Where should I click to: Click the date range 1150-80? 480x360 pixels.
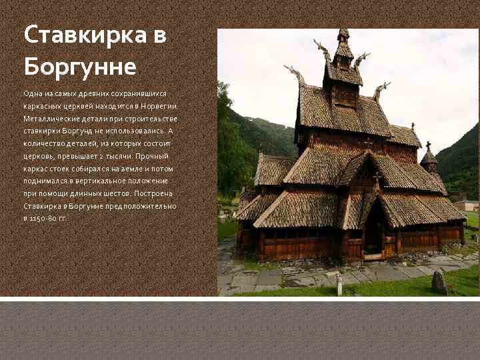42,219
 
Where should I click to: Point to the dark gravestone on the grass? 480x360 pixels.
439,281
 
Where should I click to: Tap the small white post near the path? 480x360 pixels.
339,285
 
